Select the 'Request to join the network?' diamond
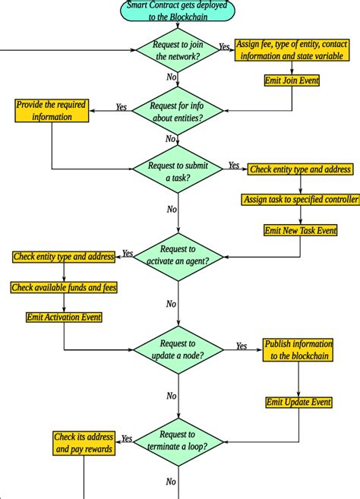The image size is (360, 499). [178, 51]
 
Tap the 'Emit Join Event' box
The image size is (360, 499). [292, 80]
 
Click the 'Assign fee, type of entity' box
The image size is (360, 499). [291, 50]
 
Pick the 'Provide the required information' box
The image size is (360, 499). [52, 112]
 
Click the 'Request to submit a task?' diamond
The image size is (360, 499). [178, 172]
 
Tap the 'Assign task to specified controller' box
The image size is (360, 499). [301, 200]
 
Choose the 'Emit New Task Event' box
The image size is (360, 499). [300, 229]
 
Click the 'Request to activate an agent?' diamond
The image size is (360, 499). [178, 256]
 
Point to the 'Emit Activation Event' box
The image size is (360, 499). [64, 317]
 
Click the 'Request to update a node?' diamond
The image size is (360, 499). [178, 349]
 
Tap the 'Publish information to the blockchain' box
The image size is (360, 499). [298, 349]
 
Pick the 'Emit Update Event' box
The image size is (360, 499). [298, 402]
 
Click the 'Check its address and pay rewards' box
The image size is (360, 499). [84, 443]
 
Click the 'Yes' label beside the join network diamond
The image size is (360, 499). [225, 46]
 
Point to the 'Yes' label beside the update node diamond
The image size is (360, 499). [242, 346]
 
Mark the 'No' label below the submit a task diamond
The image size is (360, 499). [172, 210]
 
